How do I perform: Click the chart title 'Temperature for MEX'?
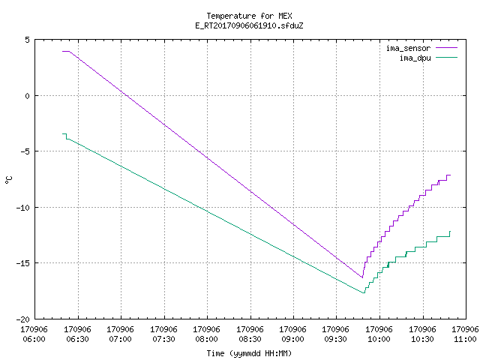click(249, 16)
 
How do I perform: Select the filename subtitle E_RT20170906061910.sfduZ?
click(249, 25)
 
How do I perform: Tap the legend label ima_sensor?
click(408, 48)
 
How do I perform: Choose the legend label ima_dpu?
click(415, 58)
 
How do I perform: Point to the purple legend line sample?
click(447, 48)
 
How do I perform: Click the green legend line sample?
click(447, 57)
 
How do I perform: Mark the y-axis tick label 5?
click(28, 40)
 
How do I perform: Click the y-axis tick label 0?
click(28, 96)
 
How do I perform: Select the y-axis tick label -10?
click(23, 208)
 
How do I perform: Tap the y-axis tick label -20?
click(23, 319)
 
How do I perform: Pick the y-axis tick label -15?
click(23, 263)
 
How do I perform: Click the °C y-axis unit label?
click(8, 180)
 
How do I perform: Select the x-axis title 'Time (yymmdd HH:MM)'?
click(249, 353)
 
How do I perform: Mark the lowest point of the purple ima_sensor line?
click(362, 277)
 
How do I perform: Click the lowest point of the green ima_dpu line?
click(364, 293)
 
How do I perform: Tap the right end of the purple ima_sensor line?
click(450, 175)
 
